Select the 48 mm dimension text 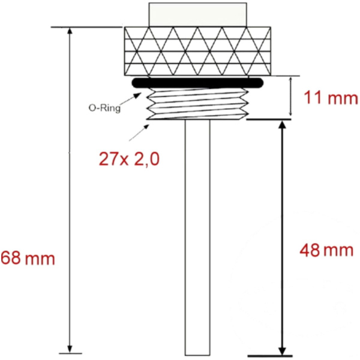coord(326,250)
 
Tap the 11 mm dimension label coord(330,98)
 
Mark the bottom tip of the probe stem coord(197,352)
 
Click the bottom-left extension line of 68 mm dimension coord(66,353)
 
